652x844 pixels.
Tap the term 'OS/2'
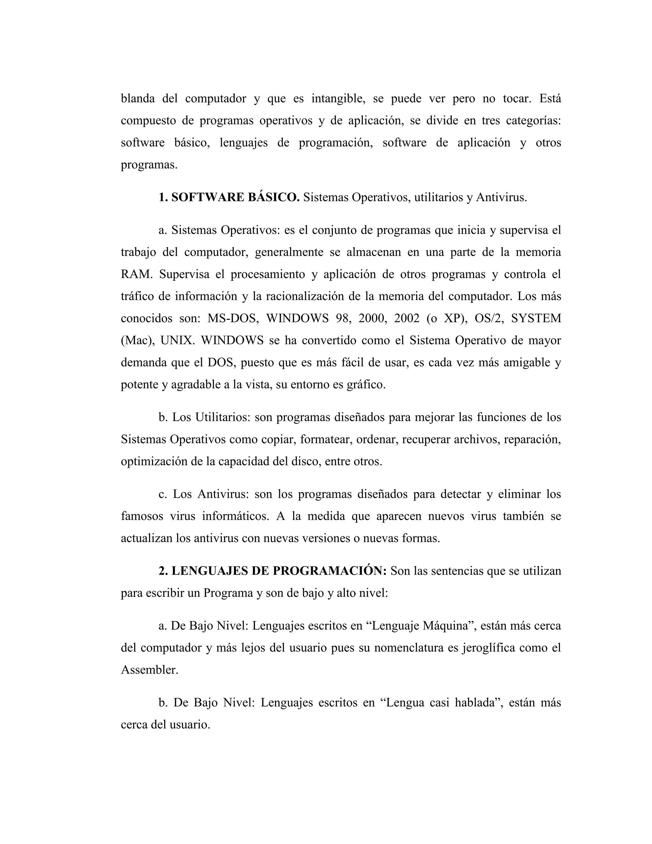(x=487, y=318)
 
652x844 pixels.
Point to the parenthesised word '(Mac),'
(x=138, y=340)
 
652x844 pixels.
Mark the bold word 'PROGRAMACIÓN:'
(x=330, y=571)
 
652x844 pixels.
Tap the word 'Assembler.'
(x=150, y=670)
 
